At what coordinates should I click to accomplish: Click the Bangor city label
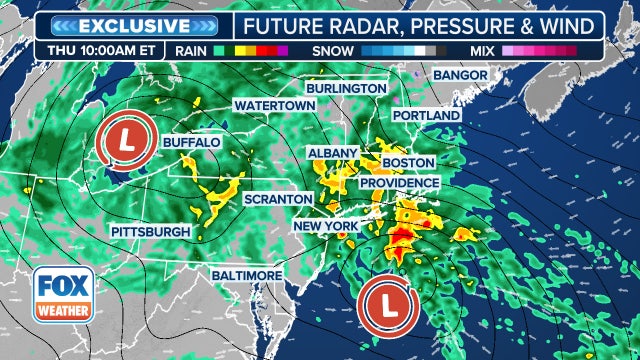click(x=461, y=75)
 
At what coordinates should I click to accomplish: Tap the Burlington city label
click(x=346, y=88)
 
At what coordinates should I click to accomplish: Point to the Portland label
click(x=426, y=115)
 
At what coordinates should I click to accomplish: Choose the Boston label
click(x=408, y=162)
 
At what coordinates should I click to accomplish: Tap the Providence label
click(x=399, y=183)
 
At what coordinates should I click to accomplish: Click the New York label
click(x=326, y=227)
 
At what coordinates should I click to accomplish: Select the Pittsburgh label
click(x=151, y=232)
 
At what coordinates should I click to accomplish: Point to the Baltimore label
click(x=245, y=274)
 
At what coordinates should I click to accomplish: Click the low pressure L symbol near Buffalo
click(x=129, y=145)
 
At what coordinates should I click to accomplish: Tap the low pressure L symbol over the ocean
click(x=389, y=304)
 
